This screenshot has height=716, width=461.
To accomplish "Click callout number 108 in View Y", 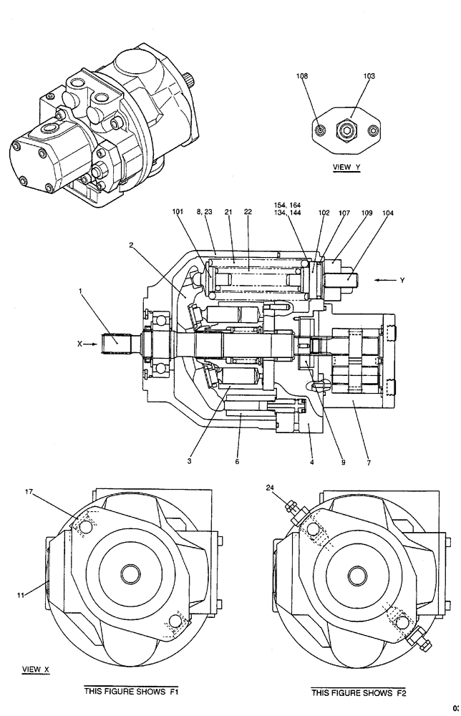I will pyautogui.click(x=304, y=75).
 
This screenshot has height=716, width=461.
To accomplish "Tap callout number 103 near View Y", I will pyautogui.click(x=369, y=75).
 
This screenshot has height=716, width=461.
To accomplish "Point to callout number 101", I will pyautogui.click(x=178, y=212).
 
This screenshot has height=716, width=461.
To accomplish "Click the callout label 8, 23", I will pyautogui.click(x=203, y=212).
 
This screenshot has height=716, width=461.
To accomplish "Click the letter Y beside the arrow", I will pyautogui.click(x=402, y=280).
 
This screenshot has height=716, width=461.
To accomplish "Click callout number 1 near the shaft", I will pyautogui.click(x=81, y=291).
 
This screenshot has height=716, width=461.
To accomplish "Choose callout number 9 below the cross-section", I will pyautogui.click(x=343, y=462).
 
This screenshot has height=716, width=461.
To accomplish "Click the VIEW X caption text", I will pyautogui.click(x=36, y=669).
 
